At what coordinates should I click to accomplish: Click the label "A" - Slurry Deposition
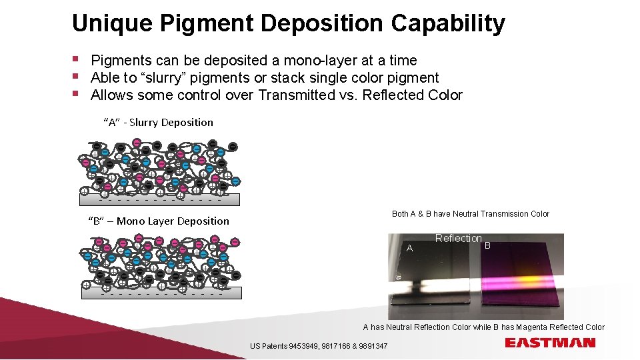158,123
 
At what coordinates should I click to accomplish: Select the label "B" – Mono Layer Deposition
159,221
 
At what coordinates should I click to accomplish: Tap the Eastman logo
550,343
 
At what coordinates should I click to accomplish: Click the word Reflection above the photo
458,239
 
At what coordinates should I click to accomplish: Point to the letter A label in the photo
410,248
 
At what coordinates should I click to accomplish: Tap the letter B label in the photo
487,245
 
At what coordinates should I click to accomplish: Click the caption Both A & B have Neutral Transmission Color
470,214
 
